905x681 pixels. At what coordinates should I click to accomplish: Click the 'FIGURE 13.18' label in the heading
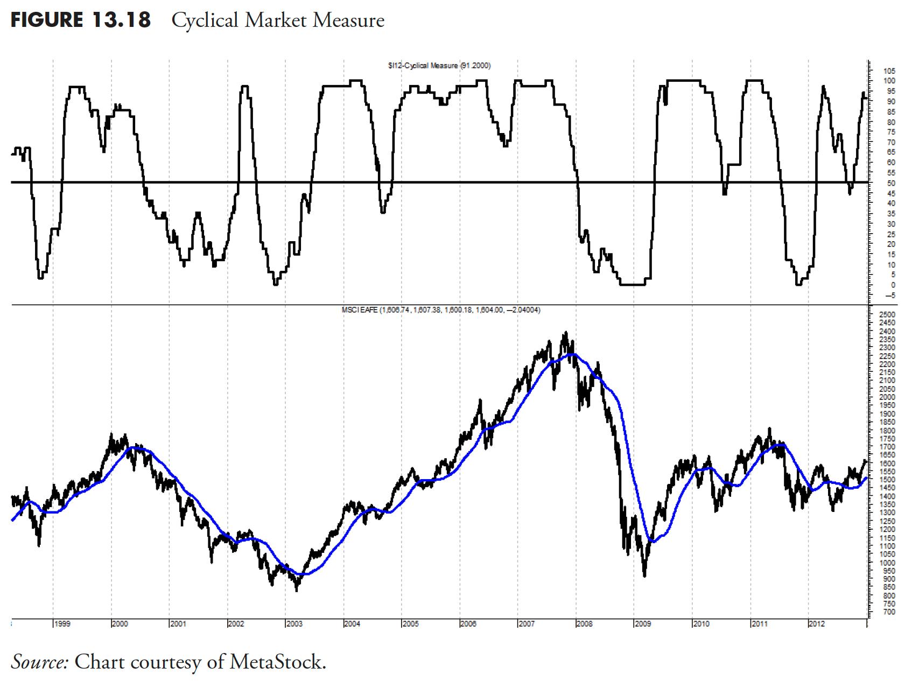pos(81,20)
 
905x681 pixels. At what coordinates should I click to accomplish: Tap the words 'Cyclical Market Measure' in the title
pos(278,20)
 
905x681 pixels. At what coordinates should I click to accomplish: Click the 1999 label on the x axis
pos(62,624)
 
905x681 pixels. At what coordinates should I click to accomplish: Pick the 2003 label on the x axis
pos(294,624)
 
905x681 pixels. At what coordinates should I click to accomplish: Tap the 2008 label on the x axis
pos(584,624)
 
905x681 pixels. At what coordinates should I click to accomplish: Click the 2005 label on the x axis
pos(410,624)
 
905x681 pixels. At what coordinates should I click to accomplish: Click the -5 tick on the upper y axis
pos(889,296)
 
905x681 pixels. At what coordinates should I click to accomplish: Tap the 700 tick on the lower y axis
pos(889,612)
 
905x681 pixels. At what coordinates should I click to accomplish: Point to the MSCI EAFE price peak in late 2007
pos(565,333)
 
